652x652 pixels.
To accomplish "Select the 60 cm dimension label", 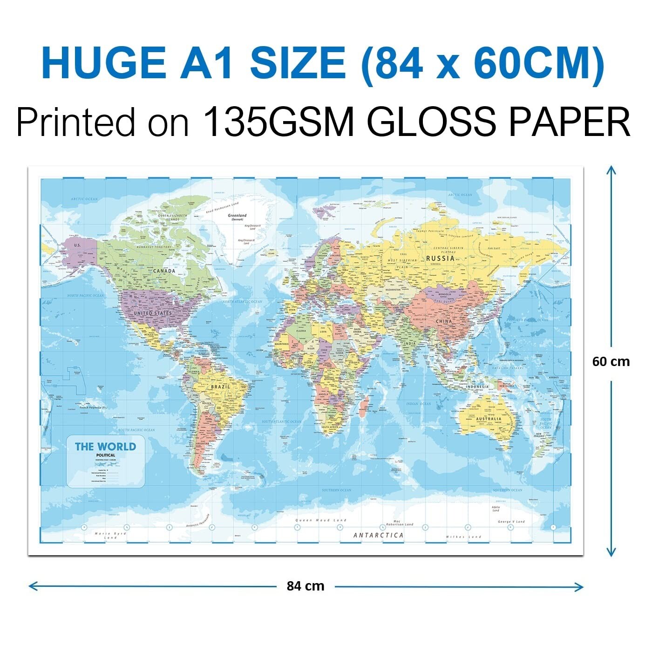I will (x=611, y=362).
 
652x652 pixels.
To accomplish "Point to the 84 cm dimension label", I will (x=305, y=586).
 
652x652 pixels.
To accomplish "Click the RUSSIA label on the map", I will (x=440, y=258).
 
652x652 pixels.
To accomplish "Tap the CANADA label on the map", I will (x=164, y=271).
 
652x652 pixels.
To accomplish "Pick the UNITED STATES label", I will (x=153, y=313).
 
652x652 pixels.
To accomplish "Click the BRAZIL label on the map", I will (x=220, y=387).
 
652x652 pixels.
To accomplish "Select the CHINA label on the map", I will (x=444, y=321).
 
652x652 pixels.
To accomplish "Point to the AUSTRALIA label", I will (x=489, y=419).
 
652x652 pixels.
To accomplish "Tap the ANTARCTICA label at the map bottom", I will (x=378, y=536).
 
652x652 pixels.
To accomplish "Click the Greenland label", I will (x=237, y=216).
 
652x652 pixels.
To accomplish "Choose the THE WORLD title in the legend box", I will (x=106, y=447).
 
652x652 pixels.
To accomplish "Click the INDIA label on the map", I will (x=410, y=344).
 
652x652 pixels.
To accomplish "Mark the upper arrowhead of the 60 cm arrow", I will (x=611, y=169).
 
